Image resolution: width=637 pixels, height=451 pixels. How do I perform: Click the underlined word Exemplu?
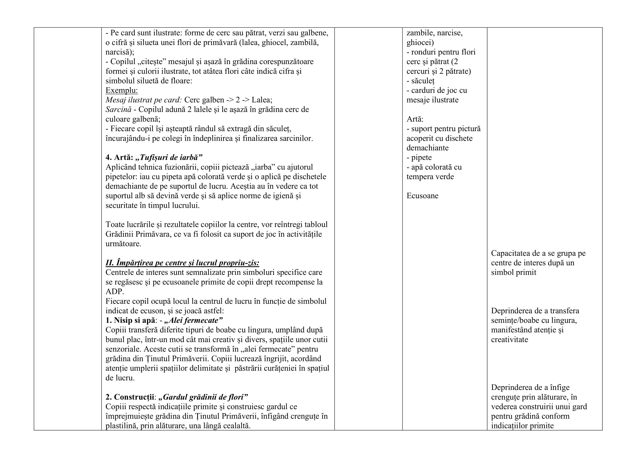[x=121, y=91]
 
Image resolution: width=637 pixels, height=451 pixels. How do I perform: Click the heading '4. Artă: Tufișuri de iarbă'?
[x=154, y=157]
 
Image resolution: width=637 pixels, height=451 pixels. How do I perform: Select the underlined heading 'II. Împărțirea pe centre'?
[x=182, y=263]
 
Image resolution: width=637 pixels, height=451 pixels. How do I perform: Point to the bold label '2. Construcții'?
[x=130, y=397]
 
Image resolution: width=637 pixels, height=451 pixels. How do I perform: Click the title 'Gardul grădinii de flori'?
[x=203, y=397]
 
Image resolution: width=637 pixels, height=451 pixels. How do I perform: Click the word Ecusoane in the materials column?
[x=422, y=196]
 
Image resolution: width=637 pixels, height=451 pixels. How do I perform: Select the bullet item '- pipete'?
[x=419, y=157]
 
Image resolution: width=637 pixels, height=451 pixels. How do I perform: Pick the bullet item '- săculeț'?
[x=420, y=81]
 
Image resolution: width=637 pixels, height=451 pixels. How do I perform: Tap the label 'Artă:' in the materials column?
[x=415, y=119]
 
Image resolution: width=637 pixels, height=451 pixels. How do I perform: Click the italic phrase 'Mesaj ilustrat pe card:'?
[x=144, y=100]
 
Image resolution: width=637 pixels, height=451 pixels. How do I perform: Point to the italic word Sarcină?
[x=118, y=110]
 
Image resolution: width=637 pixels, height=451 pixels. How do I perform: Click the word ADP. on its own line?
[x=115, y=291]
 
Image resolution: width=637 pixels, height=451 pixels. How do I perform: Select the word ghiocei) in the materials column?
[x=420, y=43]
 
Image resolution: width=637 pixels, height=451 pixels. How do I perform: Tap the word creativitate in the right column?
[x=509, y=340]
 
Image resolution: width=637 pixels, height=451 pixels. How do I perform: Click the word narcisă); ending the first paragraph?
[x=120, y=52]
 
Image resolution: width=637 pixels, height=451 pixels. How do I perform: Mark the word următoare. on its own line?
[x=123, y=244]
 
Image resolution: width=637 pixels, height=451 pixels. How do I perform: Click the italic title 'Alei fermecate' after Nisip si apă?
[x=193, y=320]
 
